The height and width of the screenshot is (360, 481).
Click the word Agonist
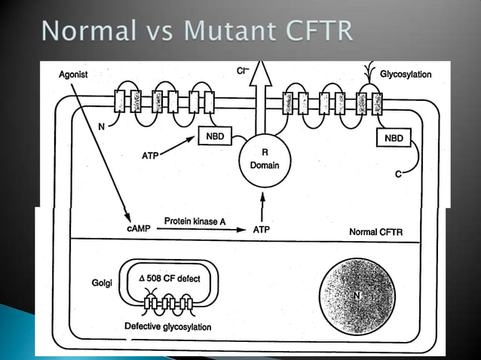tap(75, 74)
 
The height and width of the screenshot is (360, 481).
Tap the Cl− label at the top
tap(243, 72)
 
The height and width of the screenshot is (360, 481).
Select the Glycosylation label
tap(406, 75)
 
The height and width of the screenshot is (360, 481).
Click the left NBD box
tap(213, 136)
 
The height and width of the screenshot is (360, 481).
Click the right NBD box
tap(394, 138)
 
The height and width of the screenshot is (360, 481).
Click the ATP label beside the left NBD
tap(152, 155)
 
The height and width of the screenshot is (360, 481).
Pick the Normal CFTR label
tap(375, 231)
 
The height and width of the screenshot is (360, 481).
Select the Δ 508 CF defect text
tap(170, 278)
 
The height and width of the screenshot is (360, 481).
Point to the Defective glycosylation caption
tap(167, 327)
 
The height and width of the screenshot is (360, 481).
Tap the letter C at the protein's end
tap(397, 175)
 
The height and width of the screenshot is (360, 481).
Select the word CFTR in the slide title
tap(321, 32)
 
